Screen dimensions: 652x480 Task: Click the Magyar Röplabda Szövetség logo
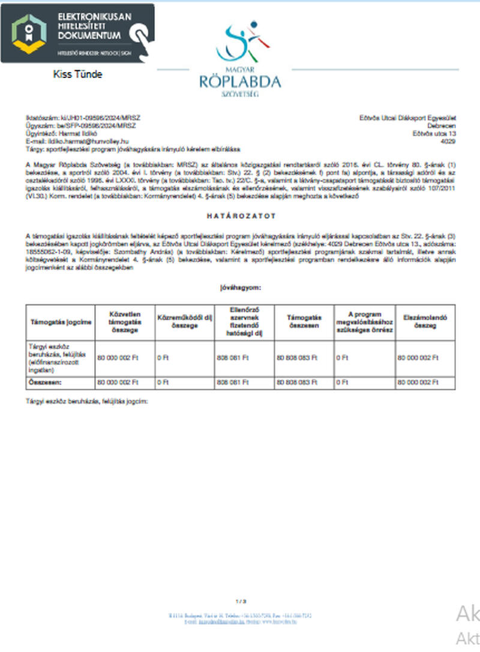(x=240, y=60)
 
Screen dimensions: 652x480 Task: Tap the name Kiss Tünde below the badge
(x=78, y=74)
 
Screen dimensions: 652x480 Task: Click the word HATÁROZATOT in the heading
(x=239, y=215)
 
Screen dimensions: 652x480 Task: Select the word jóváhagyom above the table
(x=239, y=288)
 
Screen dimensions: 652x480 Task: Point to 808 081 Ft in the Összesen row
(x=232, y=382)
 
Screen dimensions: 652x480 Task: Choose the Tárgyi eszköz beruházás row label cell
(x=58, y=358)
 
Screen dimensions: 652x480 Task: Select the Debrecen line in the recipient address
(x=444, y=127)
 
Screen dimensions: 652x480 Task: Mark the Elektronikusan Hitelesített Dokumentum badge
(x=77, y=33)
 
